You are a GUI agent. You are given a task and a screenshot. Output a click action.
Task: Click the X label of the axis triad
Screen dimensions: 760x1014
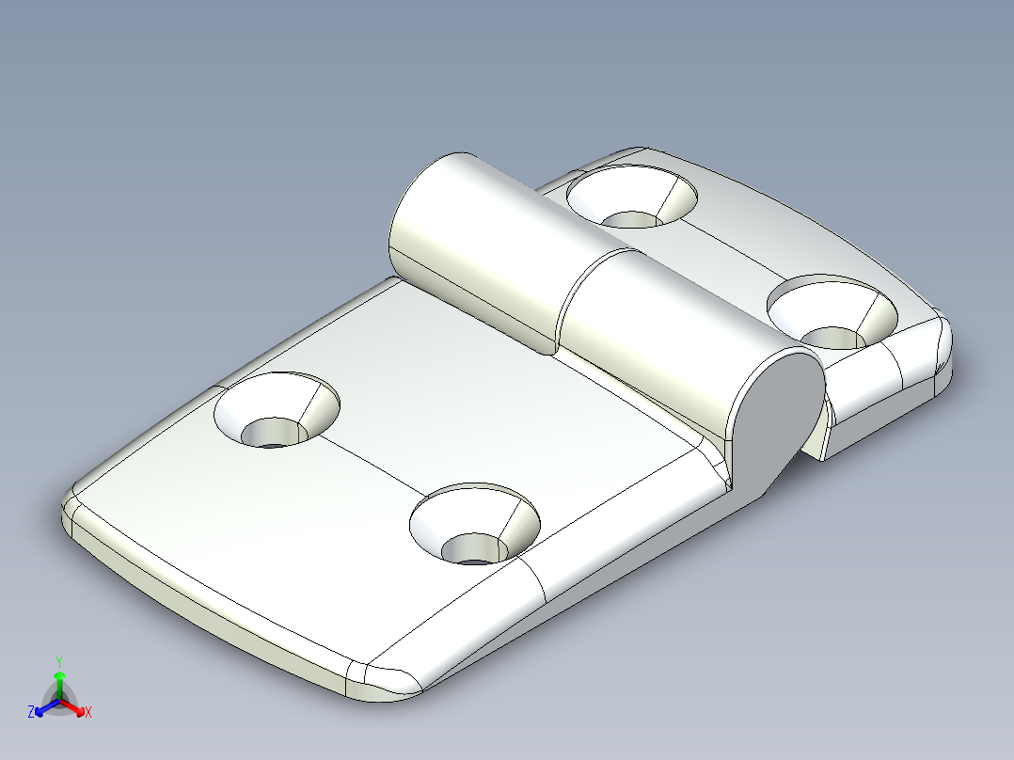coord(88,713)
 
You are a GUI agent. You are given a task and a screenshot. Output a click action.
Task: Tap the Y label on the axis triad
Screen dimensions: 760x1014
coord(59,660)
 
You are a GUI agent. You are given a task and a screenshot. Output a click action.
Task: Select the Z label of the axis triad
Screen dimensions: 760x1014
coord(32,712)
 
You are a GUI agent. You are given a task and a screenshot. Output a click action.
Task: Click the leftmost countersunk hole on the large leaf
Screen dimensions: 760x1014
coord(276,411)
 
